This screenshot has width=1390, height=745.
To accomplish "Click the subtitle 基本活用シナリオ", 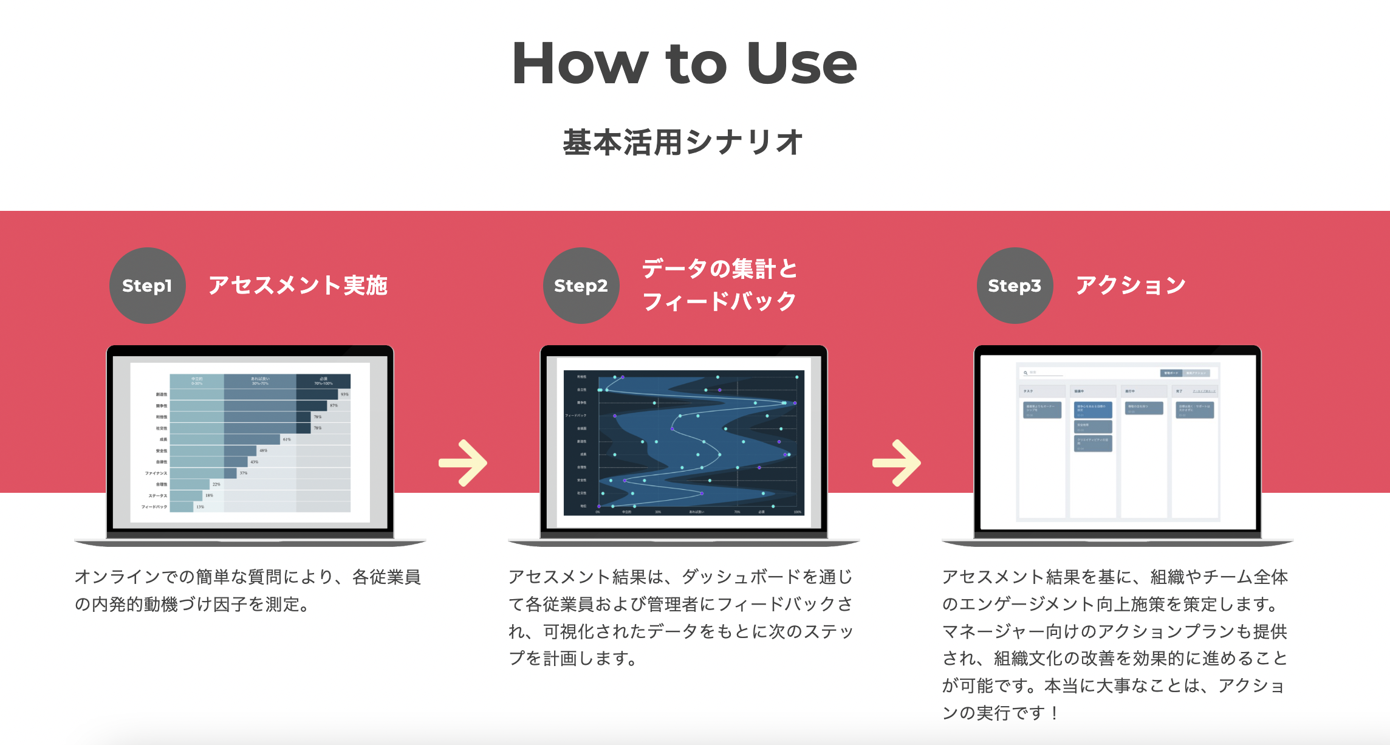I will pyautogui.click(x=683, y=142).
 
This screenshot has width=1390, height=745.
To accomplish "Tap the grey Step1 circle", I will pyautogui.click(x=147, y=286).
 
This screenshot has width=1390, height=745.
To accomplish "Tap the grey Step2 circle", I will pyautogui.click(x=581, y=286).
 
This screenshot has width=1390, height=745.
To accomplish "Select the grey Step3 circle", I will pyautogui.click(x=1015, y=286).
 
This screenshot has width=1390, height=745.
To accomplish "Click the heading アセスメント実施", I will pyautogui.click(x=298, y=285).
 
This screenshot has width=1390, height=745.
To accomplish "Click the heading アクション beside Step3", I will pyautogui.click(x=1131, y=285).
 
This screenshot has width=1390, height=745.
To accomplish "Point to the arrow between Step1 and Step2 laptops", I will pyautogui.click(x=464, y=463).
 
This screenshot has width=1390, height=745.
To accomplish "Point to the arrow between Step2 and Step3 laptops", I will pyautogui.click(x=897, y=463).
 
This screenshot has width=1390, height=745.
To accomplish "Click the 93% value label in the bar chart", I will pyautogui.click(x=344, y=394).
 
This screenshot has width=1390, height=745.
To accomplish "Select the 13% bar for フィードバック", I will pyautogui.click(x=182, y=507).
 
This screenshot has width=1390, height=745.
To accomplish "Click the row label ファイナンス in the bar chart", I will pyautogui.click(x=156, y=473).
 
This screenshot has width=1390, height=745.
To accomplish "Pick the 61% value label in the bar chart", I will pyautogui.click(x=287, y=439).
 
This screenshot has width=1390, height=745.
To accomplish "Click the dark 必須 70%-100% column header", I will pyautogui.click(x=323, y=381).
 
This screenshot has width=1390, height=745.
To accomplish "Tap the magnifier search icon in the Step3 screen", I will pyautogui.click(x=1025, y=372).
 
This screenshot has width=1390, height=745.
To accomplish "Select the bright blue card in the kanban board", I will pyautogui.click(x=1093, y=408).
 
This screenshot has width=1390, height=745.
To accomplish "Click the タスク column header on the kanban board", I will pyautogui.click(x=1028, y=391).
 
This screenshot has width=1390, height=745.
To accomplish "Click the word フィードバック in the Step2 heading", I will pyautogui.click(x=719, y=301).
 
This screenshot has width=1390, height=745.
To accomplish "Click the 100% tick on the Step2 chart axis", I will pyautogui.click(x=798, y=512).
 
